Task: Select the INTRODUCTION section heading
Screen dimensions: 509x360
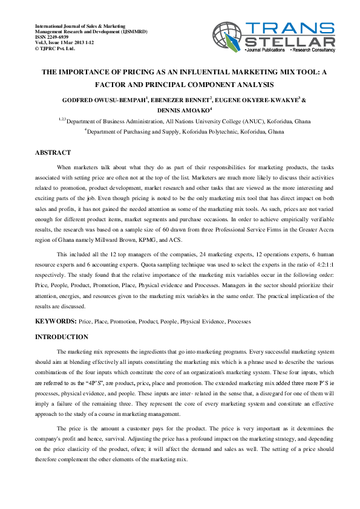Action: (62, 337)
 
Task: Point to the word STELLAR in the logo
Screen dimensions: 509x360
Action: (291, 42)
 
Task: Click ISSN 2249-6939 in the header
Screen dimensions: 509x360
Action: (52, 36)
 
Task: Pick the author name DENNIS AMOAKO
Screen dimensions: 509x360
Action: (182, 111)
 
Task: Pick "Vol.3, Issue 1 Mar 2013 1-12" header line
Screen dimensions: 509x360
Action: (63, 42)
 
